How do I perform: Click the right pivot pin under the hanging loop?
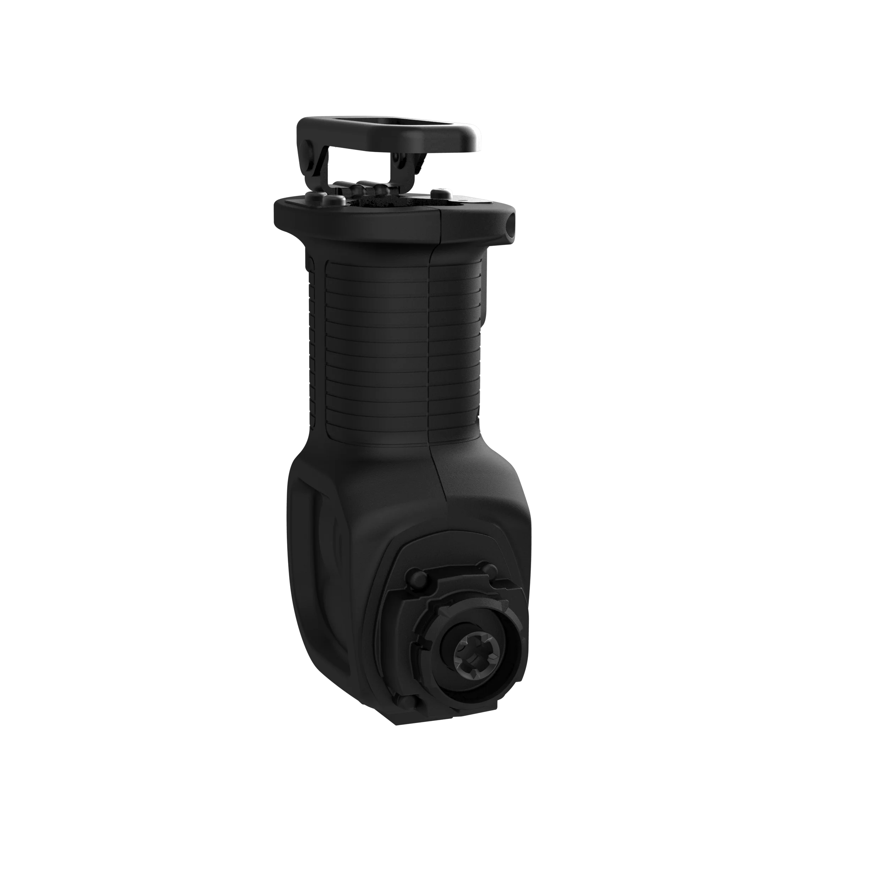[398, 159]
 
